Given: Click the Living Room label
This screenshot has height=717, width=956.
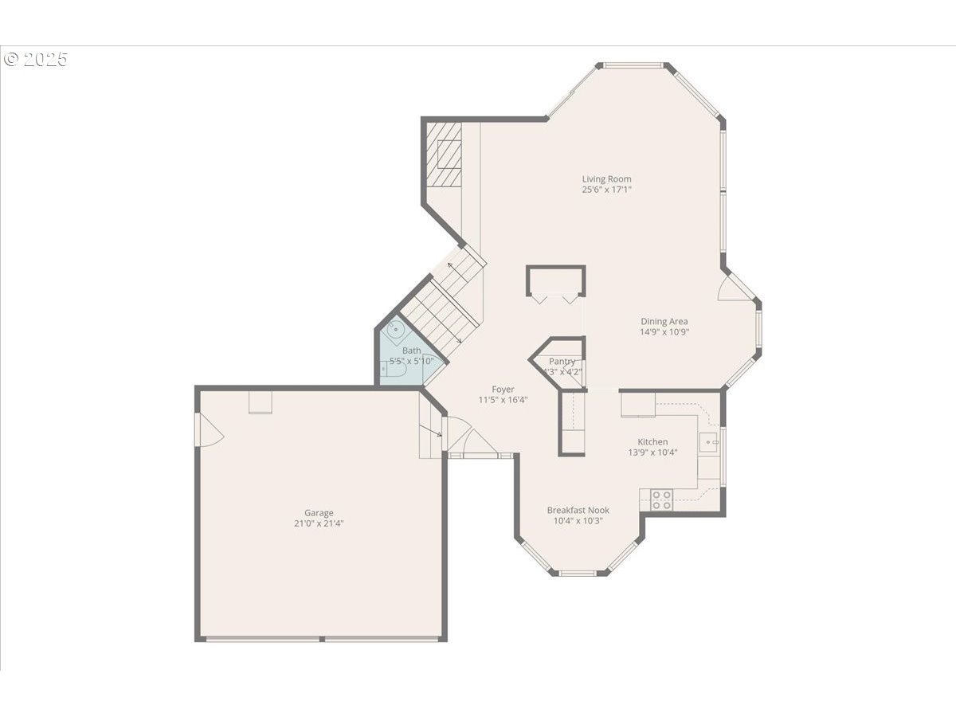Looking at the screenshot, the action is click(x=606, y=179).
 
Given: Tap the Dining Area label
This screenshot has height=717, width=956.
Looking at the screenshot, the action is click(x=664, y=321).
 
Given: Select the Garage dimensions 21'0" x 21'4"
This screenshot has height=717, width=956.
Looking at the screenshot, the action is click(x=319, y=523).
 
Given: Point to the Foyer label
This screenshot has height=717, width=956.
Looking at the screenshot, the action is click(x=503, y=390).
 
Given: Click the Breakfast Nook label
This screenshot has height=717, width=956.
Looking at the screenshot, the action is click(x=578, y=510).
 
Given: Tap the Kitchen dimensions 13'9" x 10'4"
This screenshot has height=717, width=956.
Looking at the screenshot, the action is click(x=652, y=453).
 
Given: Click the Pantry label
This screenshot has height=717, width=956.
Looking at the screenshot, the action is click(x=562, y=362).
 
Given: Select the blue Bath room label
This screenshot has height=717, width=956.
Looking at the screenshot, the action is click(x=412, y=351).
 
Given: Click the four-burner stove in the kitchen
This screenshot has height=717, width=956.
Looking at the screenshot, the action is click(x=661, y=500).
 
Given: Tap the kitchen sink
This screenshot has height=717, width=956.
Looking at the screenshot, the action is click(x=708, y=442).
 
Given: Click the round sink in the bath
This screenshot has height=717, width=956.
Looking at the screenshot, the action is click(x=395, y=330).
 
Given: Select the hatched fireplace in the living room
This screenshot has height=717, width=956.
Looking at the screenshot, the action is click(x=444, y=155).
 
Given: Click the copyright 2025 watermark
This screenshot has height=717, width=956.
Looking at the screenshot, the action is click(x=36, y=59).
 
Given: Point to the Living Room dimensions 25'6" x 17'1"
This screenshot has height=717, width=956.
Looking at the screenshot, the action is click(x=607, y=190).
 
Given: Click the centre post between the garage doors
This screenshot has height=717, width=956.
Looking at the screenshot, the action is click(x=322, y=639).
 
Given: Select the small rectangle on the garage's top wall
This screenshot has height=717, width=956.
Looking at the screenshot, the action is click(x=261, y=402).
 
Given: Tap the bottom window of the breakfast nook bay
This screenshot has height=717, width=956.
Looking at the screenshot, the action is click(x=578, y=573).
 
